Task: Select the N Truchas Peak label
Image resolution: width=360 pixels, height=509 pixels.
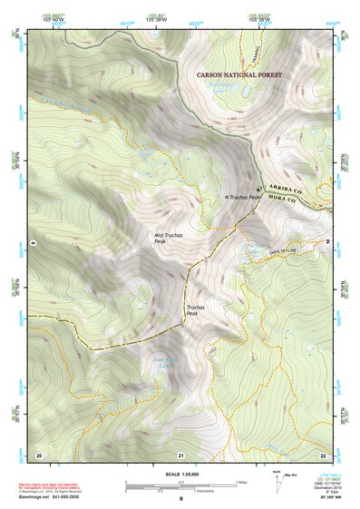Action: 242,197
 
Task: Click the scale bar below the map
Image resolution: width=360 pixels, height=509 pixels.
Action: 180,485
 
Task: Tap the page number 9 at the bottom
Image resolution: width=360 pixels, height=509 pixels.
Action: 180,499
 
